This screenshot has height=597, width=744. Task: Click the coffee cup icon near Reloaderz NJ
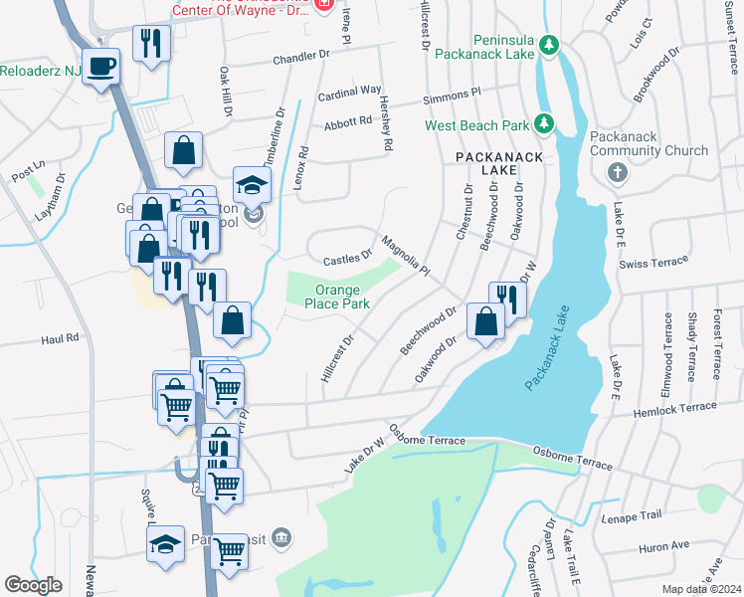click(100, 67)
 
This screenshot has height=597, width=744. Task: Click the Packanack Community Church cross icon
click(617, 172)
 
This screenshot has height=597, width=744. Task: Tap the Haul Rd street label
click(60, 339)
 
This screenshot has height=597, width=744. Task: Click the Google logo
click(33, 585)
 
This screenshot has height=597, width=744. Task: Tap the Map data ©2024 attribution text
click(700, 589)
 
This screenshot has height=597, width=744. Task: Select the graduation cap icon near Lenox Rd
click(253, 184)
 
